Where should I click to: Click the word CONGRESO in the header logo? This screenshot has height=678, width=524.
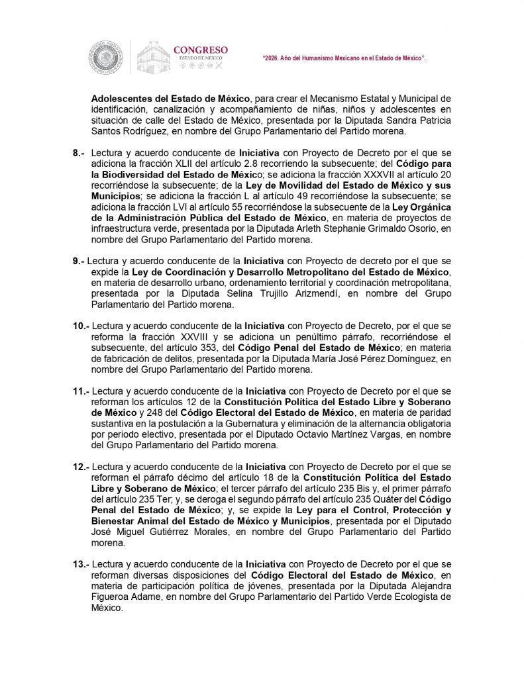click(200, 50)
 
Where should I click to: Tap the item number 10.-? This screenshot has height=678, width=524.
click(80, 326)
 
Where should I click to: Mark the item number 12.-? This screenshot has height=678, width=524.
click(80, 465)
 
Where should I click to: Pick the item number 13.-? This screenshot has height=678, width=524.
click(80, 564)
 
